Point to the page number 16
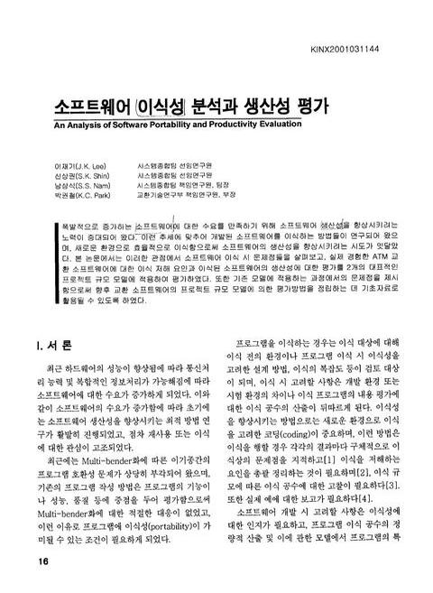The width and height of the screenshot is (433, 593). [x=42, y=561]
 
